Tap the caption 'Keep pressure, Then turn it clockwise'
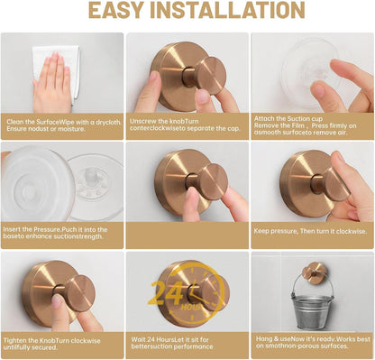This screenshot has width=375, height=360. tap(310, 230)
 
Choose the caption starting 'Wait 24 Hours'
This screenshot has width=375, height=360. tap(187, 344)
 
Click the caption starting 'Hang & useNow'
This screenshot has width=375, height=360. tap(310, 344)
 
